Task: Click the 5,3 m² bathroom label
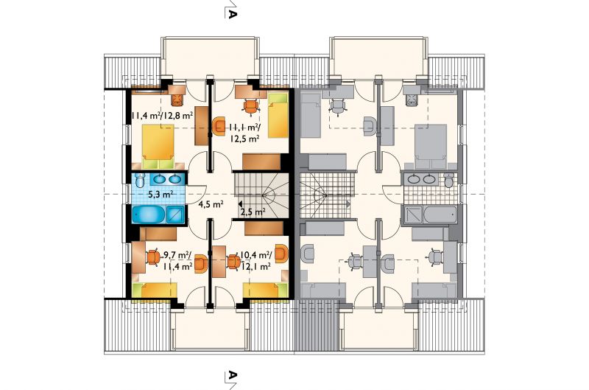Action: pos(161,195)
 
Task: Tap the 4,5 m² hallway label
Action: pos(211,205)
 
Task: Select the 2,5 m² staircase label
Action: pos(253,212)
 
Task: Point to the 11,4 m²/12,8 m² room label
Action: pos(162,116)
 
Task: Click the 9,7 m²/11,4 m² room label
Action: pos(177,261)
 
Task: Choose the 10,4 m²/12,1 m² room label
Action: pos(255,261)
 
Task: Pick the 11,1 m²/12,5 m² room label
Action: pos(244,133)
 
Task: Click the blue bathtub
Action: pos(149,215)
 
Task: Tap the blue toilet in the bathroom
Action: pos(139,181)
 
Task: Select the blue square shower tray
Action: pos(175,215)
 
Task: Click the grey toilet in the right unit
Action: pos(448,180)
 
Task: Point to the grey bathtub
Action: pos(440,215)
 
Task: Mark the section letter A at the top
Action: pos(232,14)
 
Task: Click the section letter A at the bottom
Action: pos(232,375)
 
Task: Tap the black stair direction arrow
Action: pos(240,203)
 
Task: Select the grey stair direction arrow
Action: pos(348,203)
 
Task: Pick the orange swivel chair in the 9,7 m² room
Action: pos(153,257)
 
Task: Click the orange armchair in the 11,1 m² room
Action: pos(218,126)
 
